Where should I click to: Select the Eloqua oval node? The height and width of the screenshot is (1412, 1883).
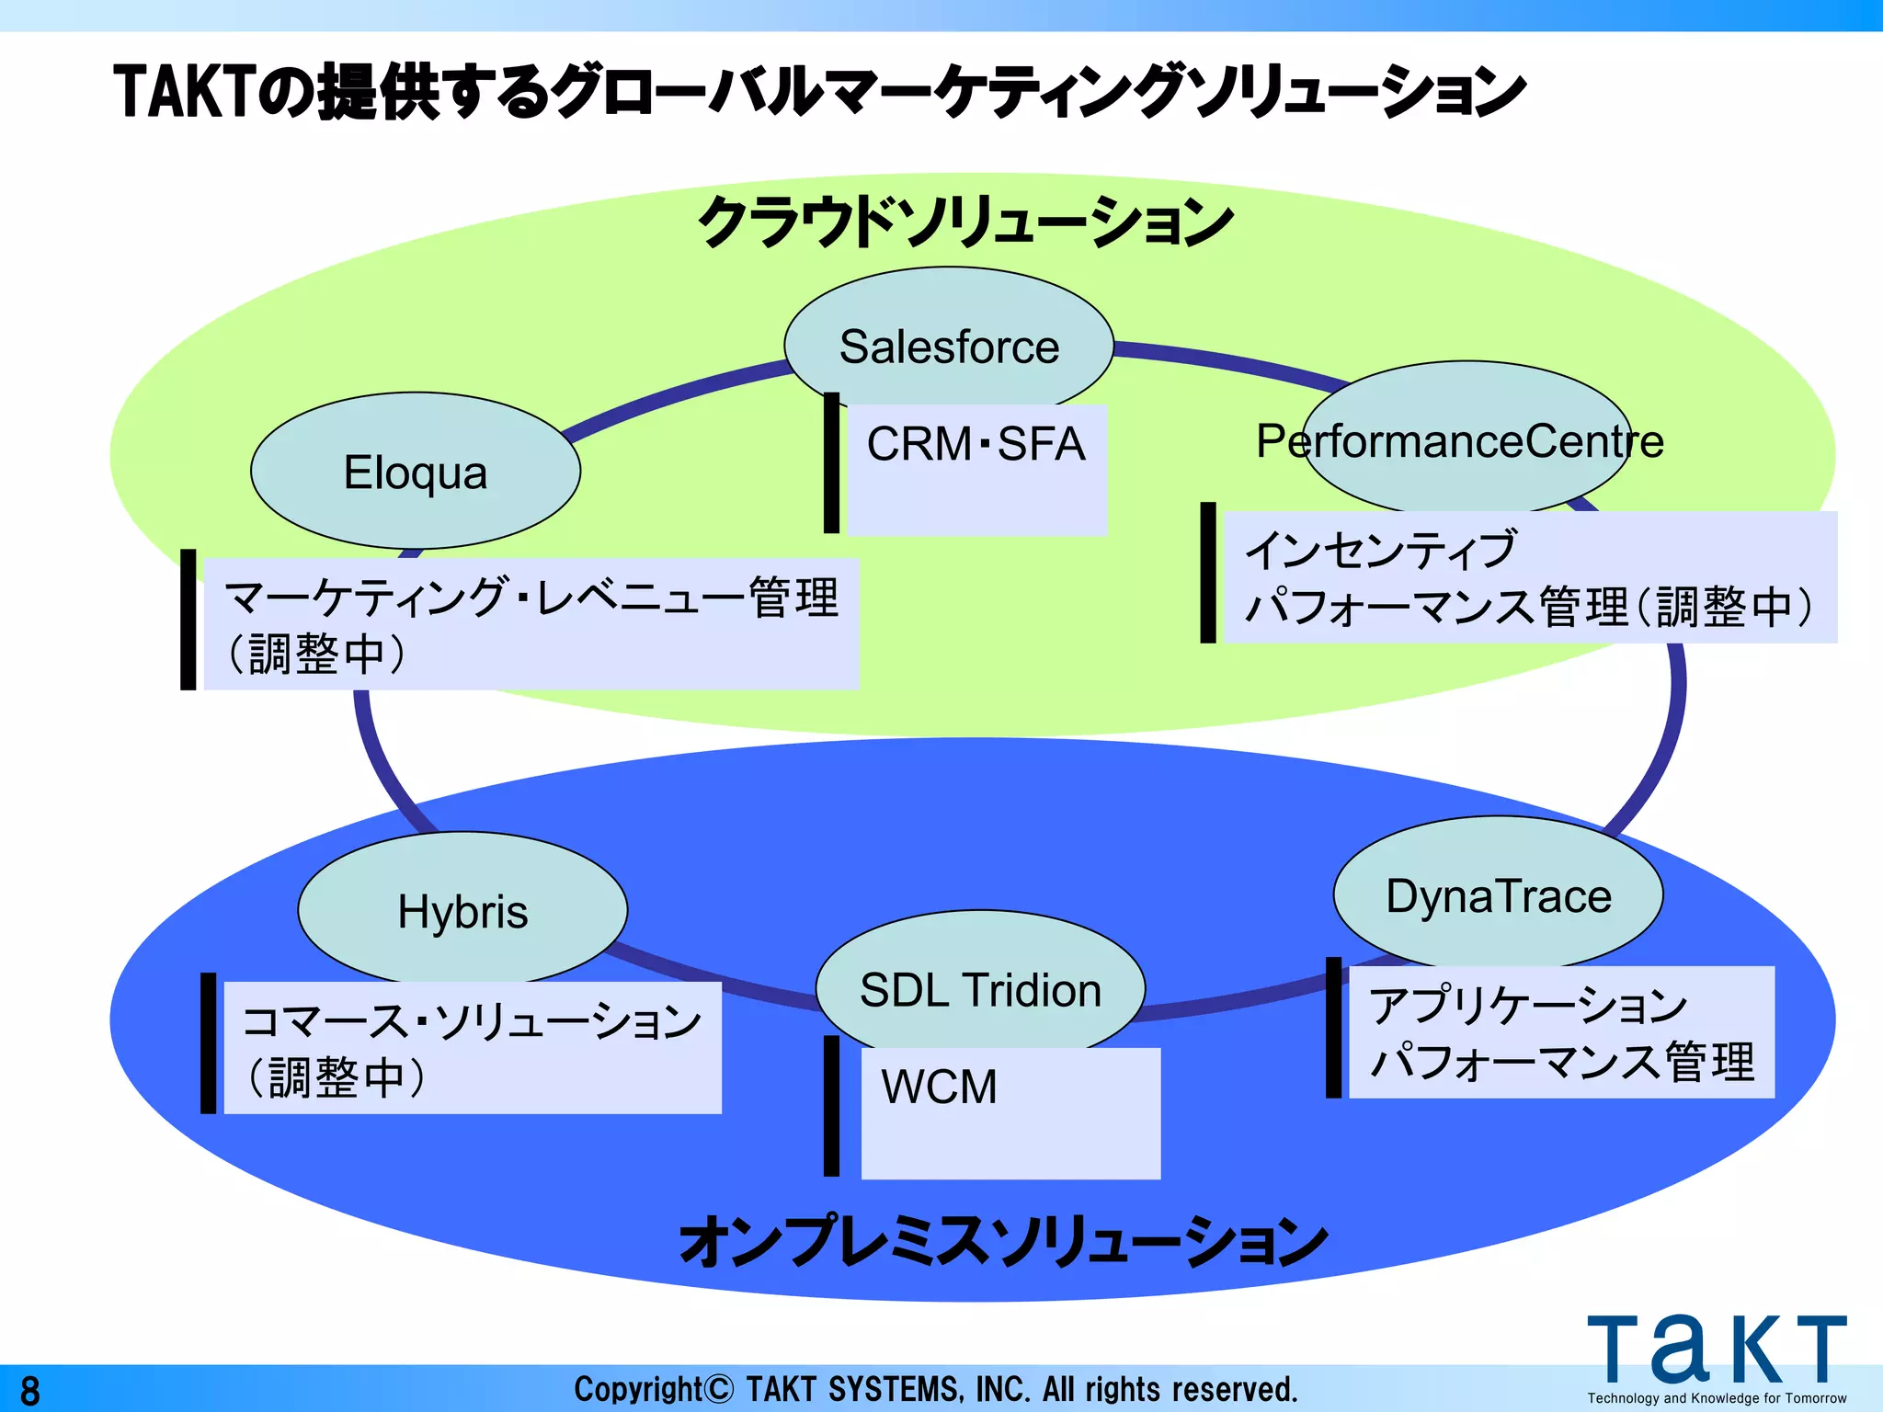tap(416, 472)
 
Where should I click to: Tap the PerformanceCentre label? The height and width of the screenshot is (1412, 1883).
tap(1460, 441)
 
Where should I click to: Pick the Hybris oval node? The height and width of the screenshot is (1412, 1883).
tap(462, 910)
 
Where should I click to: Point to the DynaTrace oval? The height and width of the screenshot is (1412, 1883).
tap(1498, 894)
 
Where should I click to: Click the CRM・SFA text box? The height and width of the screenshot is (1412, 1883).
tap(976, 469)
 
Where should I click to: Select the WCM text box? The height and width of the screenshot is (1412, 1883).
tap(1010, 1112)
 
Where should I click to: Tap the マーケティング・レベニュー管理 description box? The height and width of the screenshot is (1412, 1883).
tap(531, 623)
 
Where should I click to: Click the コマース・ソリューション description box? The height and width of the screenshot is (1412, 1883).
tap(473, 1047)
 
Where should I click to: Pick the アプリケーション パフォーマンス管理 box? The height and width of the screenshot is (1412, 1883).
tap(1561, 1031)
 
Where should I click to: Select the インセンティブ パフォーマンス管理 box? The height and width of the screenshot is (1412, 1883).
tap(1529, 577)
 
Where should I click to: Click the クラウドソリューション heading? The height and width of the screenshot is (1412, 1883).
tap(965, 222)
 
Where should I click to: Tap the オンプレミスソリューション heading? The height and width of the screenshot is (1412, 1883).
tap(1003, 1241)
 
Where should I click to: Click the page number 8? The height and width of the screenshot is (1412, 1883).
tap(30, 1391)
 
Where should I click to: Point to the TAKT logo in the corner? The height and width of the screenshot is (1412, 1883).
tap(1716, 1349)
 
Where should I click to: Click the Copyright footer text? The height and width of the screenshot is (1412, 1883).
tap(936, 1389)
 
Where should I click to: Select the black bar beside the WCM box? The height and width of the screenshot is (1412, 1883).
tap(831, 1106)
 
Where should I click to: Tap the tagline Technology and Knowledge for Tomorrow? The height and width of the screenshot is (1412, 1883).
tap(1716, 1398)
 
